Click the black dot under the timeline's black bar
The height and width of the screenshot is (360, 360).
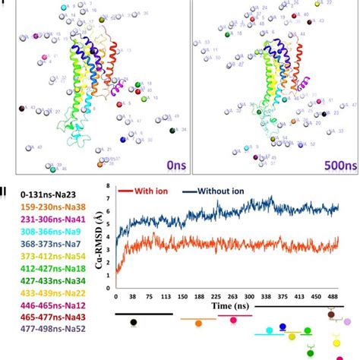pyautogui.click(x=134, y=323)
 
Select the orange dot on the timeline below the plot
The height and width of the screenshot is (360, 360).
pyautogui.click(x=199, y=323)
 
